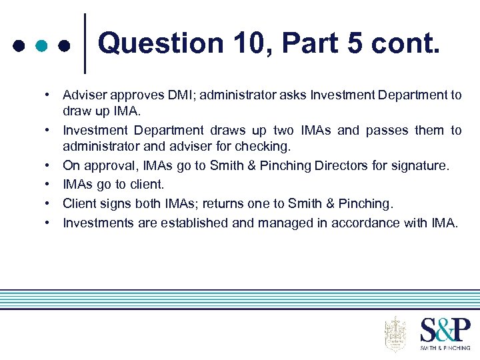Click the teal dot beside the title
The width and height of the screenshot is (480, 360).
coord(41,47)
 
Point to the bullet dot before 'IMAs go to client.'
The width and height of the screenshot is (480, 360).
coord(50,183)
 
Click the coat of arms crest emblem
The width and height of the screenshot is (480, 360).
coord(395,333)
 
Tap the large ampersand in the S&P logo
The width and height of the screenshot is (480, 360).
coord(445,331)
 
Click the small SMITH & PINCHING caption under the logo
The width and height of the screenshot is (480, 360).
coord(445,347)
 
